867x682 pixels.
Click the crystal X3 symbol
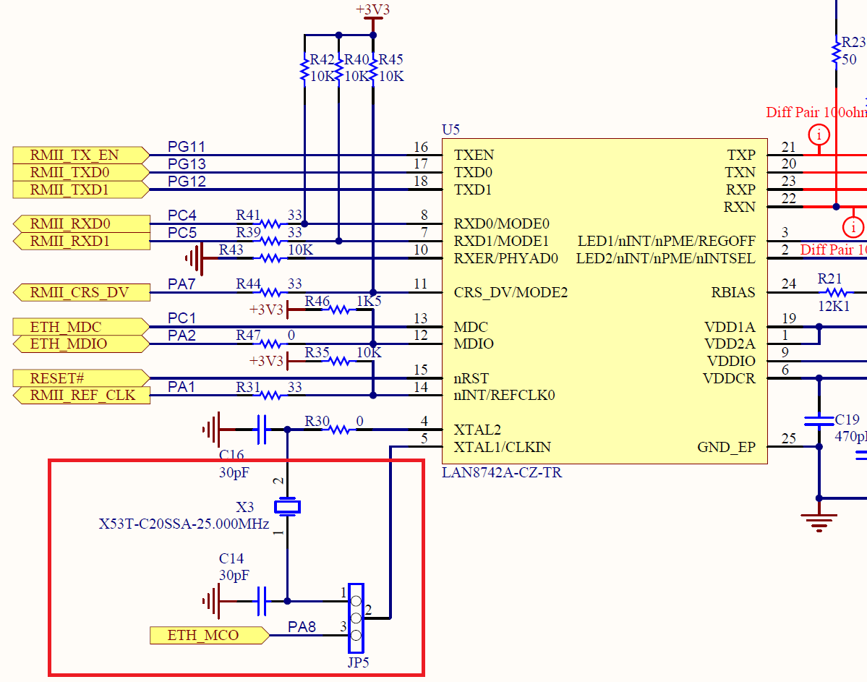point(287,506)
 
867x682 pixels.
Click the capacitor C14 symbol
point(262,600)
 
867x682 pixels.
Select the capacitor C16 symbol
point(262,430)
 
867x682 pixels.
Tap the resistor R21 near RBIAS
point(836,292)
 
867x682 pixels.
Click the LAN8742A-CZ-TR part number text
point(502,473)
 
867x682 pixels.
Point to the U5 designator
point(450,129)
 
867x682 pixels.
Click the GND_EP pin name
point(726,447)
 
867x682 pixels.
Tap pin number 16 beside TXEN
point(421,148)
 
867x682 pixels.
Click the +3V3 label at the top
point(372,10)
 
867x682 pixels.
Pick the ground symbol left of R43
point(194,258)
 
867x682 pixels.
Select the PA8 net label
point(302,626)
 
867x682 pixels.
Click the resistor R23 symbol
point(837,52)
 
